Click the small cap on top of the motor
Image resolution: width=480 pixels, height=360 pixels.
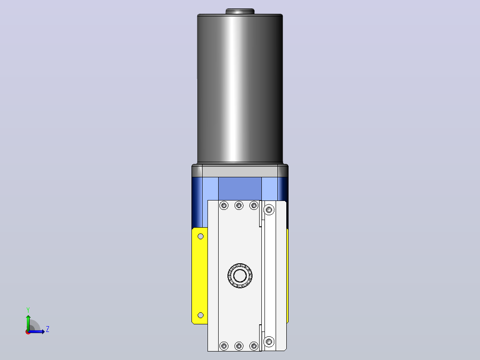click(x=240, y=11)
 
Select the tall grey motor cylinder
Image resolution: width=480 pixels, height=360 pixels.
click(x=240, y=88)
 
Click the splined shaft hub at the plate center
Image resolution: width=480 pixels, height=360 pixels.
click(x=240, y=276)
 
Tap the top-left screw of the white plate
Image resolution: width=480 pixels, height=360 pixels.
click(x=224, y=205)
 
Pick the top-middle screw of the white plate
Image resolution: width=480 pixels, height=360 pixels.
click(x=239, y=205)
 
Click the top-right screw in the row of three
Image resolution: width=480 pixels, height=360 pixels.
click(x=254, y=205)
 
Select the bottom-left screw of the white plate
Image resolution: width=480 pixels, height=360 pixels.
click(x=224, y=346)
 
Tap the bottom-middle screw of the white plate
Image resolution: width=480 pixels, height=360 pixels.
click(x=239, y=346)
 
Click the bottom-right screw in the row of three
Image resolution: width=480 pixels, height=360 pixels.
click(x=254, y=346)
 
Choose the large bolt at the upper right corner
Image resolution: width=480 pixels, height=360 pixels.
click(x=269, y=210)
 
